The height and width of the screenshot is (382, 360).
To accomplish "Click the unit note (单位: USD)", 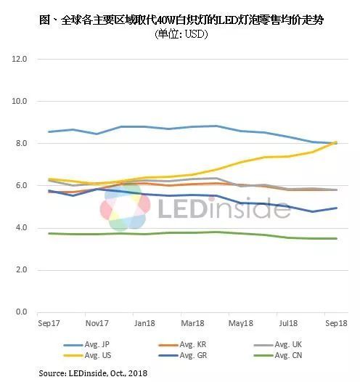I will (x=179, y=34).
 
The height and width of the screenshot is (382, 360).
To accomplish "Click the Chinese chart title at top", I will (x=179, y=20).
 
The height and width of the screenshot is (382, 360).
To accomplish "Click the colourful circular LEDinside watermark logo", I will (x=126, y=207).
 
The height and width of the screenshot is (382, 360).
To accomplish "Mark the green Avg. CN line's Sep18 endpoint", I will (x=335, y=238).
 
